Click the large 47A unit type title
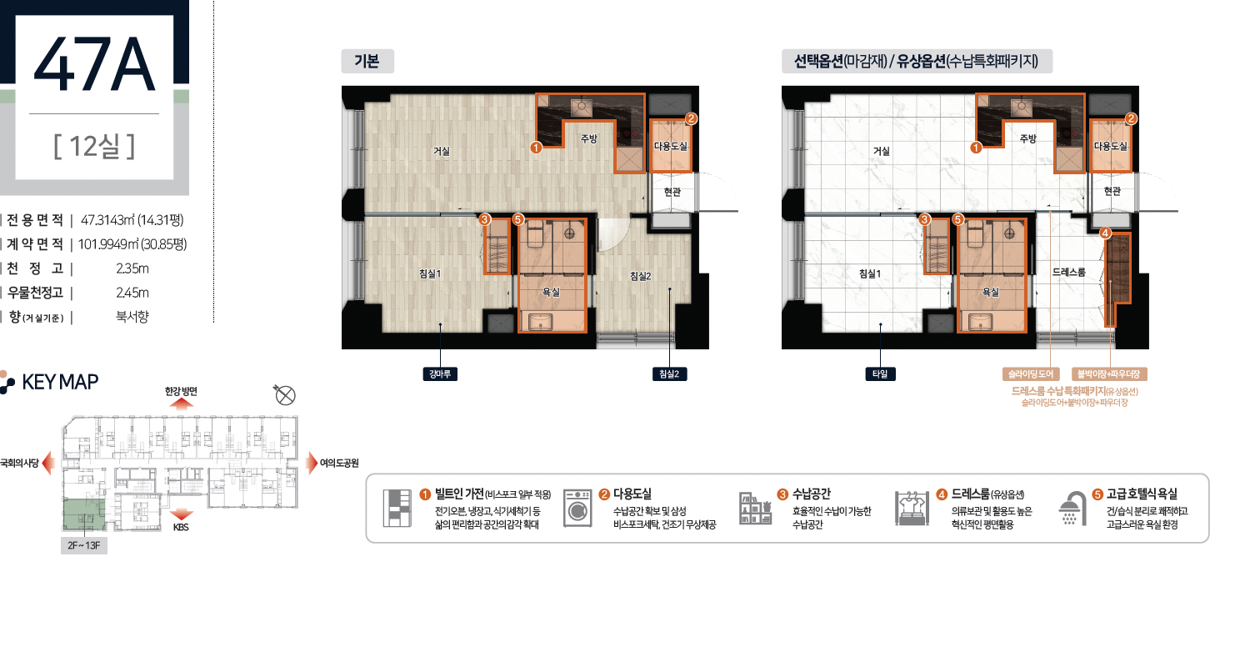[x=94, y=65]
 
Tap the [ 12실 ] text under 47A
[x=94, y=146]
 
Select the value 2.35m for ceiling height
[x=132, y=268]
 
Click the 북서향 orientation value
[x=132, y=317]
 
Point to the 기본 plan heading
[x=367, y=61]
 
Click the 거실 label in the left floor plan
[x=442, y=151]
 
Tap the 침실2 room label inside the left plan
[x=641, y=276]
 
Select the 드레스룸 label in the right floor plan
[x=1068, y=273]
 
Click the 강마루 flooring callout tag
[x=440, y=374]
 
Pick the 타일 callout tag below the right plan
[x=880, y=374]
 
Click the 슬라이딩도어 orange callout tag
[x=1030, y=374]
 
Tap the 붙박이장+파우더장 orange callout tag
[x=1109, y=374]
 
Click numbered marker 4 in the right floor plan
[x=1105, y=233]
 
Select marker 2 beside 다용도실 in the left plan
[x=691, y=118]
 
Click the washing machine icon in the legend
[x=577, y=508]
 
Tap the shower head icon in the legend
[x=1072, y=509]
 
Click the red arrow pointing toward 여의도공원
[x=312, y=464]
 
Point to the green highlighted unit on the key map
[x=83, y=514]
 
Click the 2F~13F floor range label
[x=83, y=546]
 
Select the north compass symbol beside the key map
[x=285, y=394]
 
